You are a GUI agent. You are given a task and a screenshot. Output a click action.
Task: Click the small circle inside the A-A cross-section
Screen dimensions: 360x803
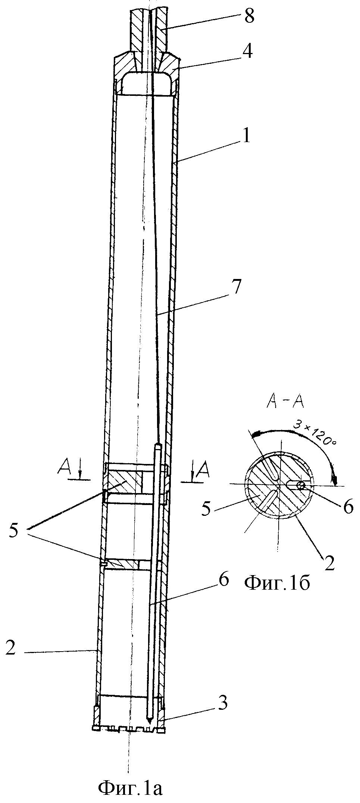pyautogui.click(x=301, y=484)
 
